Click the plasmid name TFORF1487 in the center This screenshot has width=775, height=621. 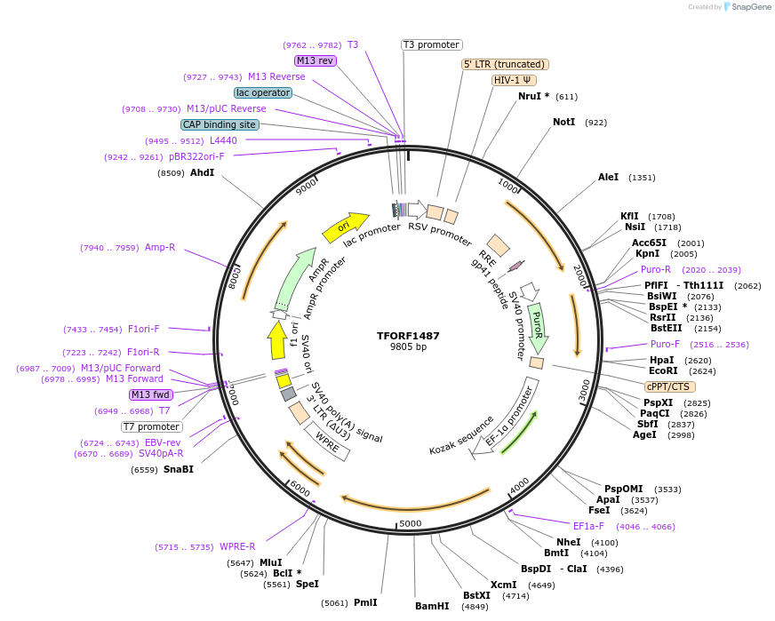pos(408,336)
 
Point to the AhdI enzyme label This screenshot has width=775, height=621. pos(202,172)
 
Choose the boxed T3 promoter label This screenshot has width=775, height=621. pos(432,44)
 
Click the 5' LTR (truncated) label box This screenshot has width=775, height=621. pos(505,64)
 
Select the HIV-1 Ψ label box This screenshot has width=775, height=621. pos(514,80)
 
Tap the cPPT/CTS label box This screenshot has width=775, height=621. pos(670,386)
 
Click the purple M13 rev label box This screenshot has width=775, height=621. pos(316,60)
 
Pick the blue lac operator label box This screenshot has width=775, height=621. pos(263,92)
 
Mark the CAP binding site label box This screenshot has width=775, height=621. pos(220,125)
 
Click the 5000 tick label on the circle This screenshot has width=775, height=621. pos(410,523)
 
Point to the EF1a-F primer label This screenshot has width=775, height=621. pos(588,526)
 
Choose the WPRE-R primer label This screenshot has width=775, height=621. pos(237,546)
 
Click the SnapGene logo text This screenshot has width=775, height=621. pos(748,7)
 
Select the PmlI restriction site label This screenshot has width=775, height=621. pos(365,602)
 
